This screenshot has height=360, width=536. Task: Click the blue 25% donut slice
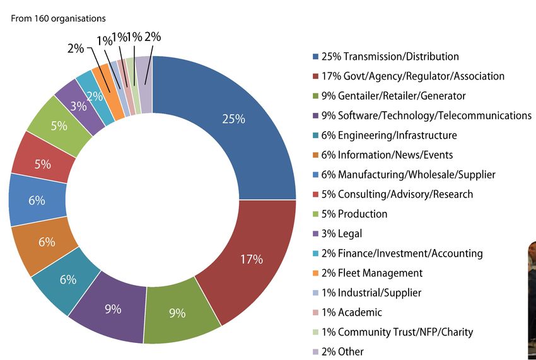coord(233,119)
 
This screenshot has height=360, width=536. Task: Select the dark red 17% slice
coord(251,258)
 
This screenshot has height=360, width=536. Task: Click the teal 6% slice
coord(68,279)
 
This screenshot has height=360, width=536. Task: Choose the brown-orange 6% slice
coord(46,241)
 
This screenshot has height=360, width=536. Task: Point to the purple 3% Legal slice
coord(78,107)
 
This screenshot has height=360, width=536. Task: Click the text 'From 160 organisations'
coord(58,19)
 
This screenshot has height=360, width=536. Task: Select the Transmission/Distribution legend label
coord(390,57)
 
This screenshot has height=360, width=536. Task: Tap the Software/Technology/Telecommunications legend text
coord(426,115)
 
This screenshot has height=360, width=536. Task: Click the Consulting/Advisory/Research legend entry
coord(397,194)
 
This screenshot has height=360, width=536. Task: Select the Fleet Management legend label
coord(371,273)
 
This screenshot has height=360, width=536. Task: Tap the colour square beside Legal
coord(315,234)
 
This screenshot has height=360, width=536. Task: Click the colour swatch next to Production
coord(315,214)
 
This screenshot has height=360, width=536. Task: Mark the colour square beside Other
coord(315,352)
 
